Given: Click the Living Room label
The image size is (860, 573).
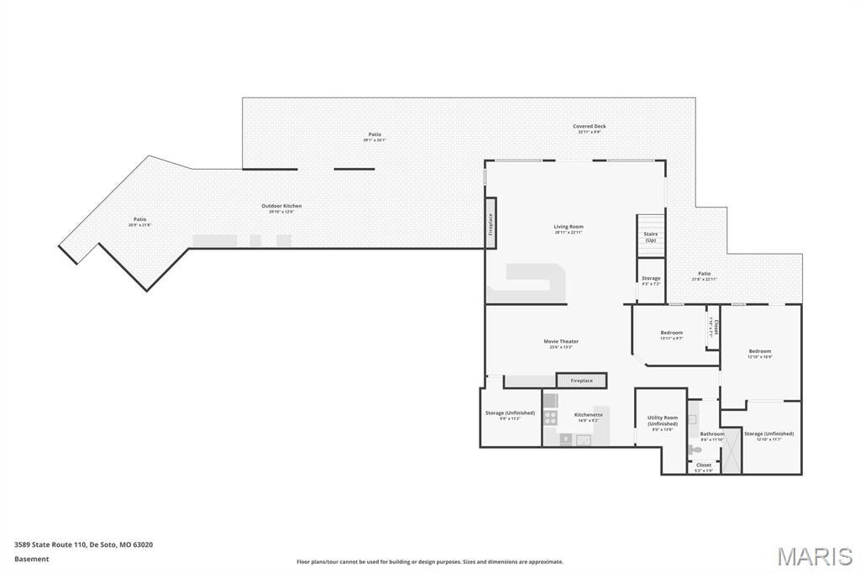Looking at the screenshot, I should pyautogui.click(x=568, y=227).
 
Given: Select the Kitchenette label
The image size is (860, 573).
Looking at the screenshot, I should pyautogui.click(x=588, y=415).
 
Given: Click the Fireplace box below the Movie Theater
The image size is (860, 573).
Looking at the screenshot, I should pyautogui.click(x=581, y=381).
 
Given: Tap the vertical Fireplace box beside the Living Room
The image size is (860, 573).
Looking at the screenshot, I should pyautogui.click(x=490, y=223).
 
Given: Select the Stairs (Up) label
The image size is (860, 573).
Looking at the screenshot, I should pyautogui.click(x=650, y=237).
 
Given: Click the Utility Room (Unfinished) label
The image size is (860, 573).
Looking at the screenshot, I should pyautogui.click(x=662, y=421).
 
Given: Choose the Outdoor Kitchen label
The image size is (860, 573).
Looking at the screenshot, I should pyautogui.click(x=281, y=207).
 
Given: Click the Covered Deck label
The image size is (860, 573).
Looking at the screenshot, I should pyautogui.click(x=589, y=127).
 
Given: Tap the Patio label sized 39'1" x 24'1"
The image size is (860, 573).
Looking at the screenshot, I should pyautogui.click(x=375, y=135).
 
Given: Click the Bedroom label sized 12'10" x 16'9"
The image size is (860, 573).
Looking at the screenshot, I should pyautogui.click(x=759, y=352).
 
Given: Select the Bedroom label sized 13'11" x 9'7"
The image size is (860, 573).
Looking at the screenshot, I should pyautogui.click(x=671, y=334).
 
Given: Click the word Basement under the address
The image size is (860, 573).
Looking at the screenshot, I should pyautogui.click(x=31, y=559).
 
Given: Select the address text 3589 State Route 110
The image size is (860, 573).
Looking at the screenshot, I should pyautogui.click(x=50, y=544).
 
